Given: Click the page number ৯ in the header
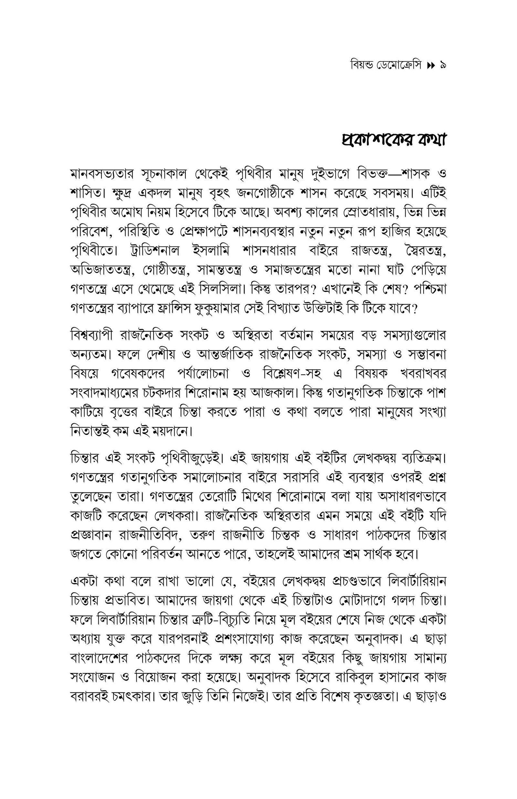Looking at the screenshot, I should click(x=442, y=65).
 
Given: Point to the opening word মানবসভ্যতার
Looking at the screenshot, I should click(x=102, y=174).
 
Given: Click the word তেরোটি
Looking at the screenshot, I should click(x=218, y=496).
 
